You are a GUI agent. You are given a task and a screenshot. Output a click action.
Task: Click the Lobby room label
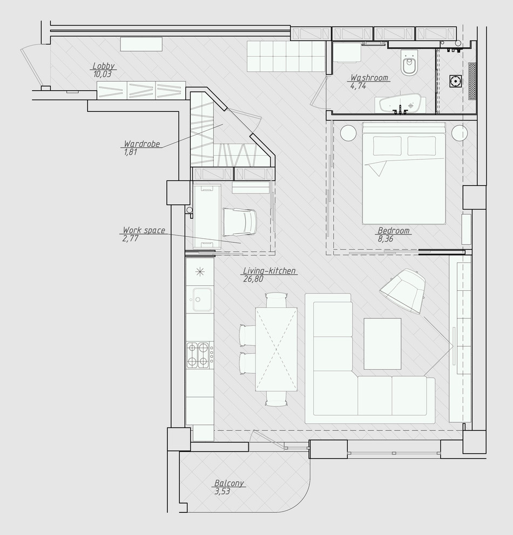[104, 66]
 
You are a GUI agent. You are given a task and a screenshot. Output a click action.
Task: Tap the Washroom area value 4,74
[358, 86]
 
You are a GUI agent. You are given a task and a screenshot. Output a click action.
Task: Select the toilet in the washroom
[409, 63]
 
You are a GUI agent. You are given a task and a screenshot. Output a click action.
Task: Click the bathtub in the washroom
[400, 105]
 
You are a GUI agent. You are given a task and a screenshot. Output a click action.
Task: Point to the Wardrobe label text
[142, 144]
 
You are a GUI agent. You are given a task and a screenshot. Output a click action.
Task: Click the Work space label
[144, 230]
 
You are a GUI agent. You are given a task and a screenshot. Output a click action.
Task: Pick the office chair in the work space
[239, 222]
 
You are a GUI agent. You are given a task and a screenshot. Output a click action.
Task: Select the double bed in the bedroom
[404, 173]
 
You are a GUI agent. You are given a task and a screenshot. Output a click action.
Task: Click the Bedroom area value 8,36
[385, 239]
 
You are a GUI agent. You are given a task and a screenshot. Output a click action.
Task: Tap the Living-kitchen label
[269, 271]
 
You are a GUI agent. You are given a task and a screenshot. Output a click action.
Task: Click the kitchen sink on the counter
[202, 299]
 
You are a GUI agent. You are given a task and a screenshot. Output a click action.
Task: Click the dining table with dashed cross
[276, 349]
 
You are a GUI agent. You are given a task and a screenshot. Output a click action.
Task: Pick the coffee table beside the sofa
[382, 344]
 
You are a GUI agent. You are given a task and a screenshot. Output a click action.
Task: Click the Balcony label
[229, 483]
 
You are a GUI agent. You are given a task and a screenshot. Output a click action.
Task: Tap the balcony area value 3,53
[222, 491]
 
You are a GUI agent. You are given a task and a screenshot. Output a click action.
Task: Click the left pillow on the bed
[387, 146]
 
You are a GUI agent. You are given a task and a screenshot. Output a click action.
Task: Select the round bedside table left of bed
[348, 133]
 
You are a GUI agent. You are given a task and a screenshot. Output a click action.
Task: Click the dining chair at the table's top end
[276, 300]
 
